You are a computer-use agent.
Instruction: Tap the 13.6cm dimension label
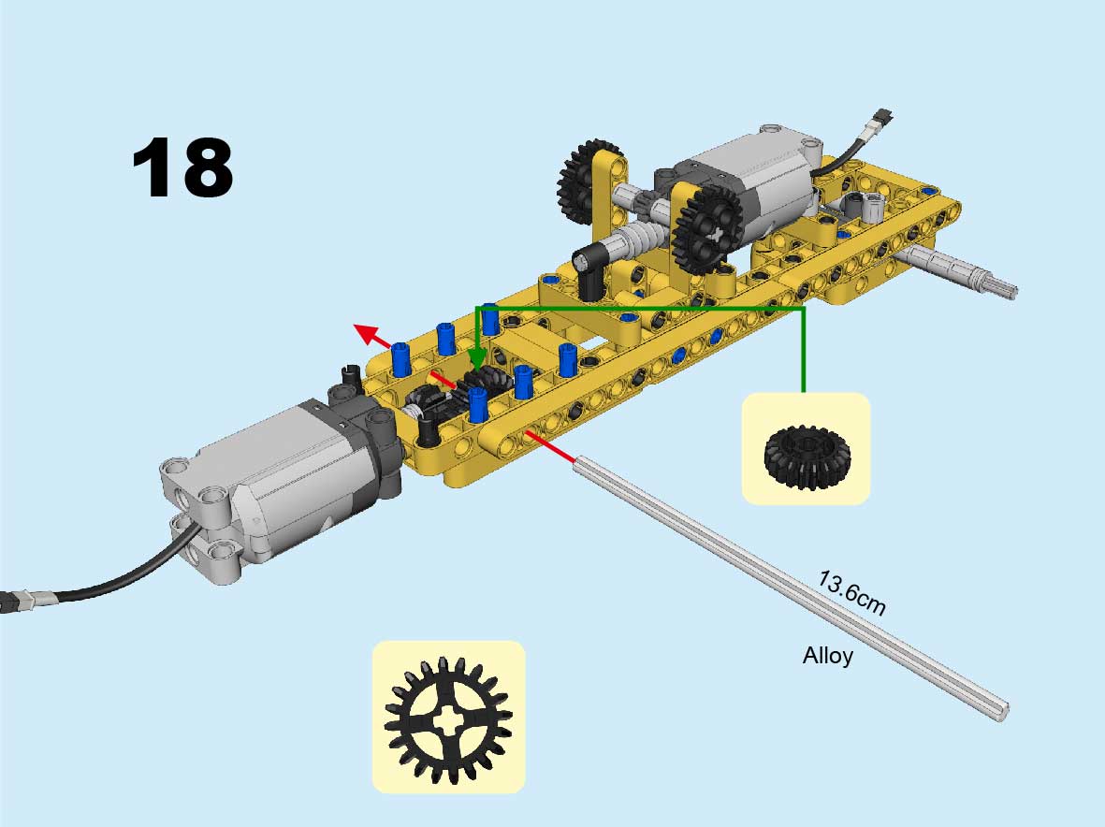point(851,593)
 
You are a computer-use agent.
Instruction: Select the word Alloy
point(828,656)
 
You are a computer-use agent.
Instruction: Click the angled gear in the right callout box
point(807,456)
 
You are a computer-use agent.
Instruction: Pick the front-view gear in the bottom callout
point(449,720)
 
